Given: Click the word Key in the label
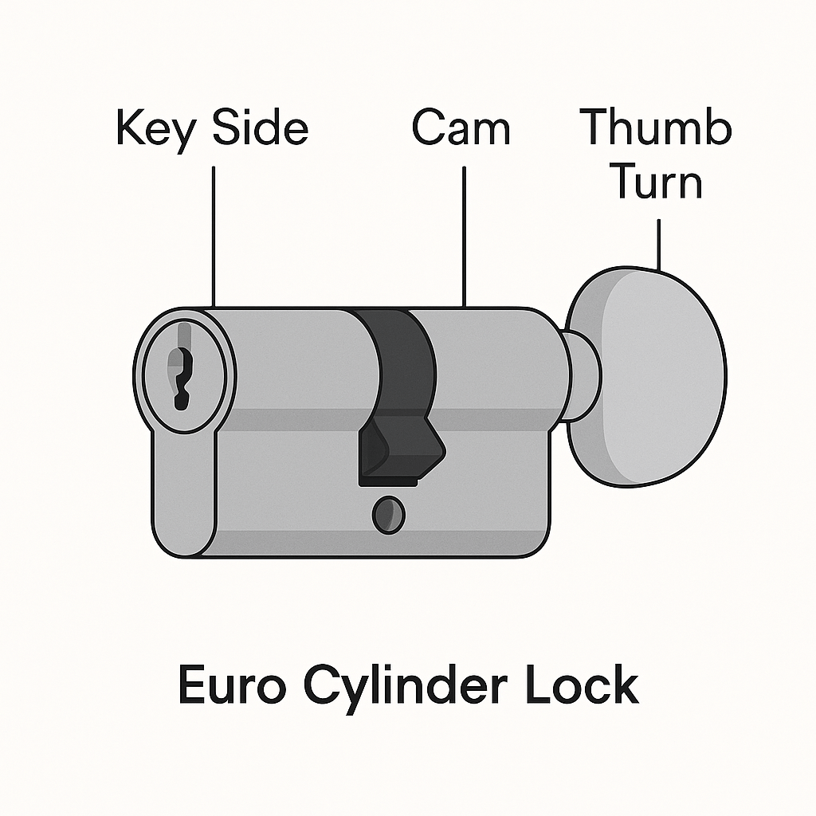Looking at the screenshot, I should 154,130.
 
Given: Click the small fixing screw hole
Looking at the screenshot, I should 388,515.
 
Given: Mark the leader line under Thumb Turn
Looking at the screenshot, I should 659,243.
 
